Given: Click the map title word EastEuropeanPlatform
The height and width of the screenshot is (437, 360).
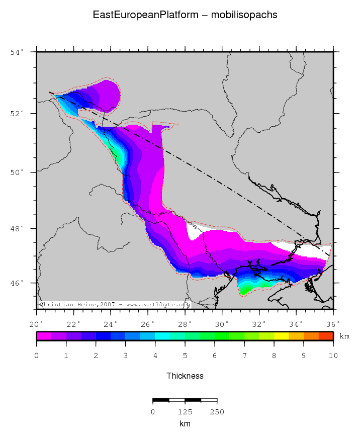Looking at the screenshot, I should (146, 15).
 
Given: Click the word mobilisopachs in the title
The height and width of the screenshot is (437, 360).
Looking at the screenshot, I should (244, 15).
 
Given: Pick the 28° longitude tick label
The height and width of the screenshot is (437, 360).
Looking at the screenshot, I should (185, 323).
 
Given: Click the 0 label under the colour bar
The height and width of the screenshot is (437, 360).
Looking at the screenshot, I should (37, 356).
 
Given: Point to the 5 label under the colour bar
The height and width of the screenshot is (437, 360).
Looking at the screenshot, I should (185, 356).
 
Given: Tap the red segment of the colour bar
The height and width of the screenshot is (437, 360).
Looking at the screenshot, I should (326, 336).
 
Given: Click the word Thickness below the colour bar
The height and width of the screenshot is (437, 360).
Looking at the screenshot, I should (185, 376).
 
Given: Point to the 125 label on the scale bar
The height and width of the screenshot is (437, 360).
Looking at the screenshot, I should (185, 412).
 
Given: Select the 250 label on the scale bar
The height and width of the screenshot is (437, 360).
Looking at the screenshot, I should (217, 412).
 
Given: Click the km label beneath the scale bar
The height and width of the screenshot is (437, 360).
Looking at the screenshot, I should (185, 423).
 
